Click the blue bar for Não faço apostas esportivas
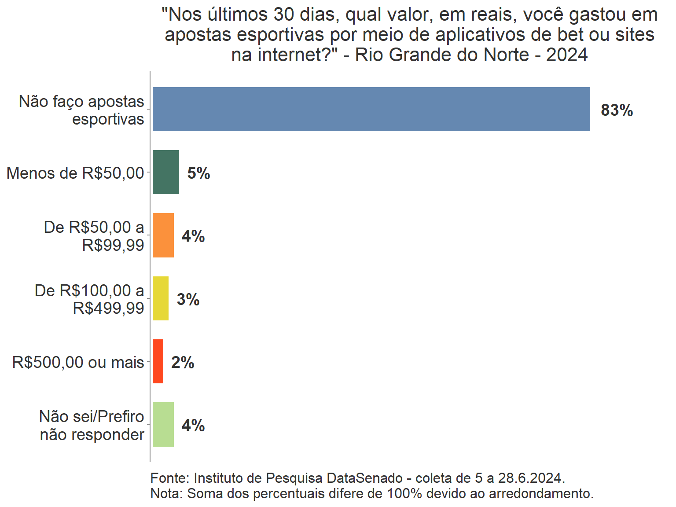371,109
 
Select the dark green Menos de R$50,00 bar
166,172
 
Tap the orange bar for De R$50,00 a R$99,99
163,235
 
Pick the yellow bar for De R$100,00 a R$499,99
161,298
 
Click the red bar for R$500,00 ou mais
158,361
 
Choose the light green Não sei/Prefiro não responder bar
163,425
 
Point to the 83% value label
617,110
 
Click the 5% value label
198,173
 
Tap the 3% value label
188,299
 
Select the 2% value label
183,362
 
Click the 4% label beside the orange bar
193,236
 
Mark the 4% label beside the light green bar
193,426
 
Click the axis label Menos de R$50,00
75,173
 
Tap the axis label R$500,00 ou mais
78,362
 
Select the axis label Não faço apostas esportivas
82,110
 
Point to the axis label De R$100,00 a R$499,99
90,299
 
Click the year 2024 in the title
567,55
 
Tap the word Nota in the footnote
166,493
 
